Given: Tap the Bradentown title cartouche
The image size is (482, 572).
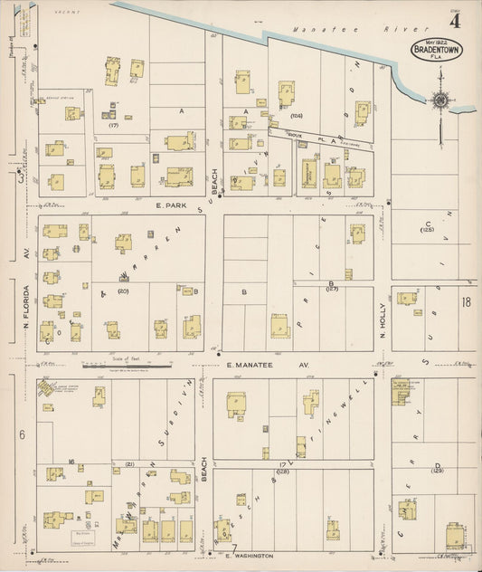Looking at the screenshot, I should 438,50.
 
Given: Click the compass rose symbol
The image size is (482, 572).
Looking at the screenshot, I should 440,100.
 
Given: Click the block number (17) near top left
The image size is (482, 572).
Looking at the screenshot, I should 113,125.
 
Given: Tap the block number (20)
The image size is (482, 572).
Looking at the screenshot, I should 123,291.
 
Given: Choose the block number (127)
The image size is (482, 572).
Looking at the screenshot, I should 332,291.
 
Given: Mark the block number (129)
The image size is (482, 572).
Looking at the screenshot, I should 438,471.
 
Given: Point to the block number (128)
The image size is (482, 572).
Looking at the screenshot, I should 282,471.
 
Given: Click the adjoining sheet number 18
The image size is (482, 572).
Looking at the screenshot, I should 466,303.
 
